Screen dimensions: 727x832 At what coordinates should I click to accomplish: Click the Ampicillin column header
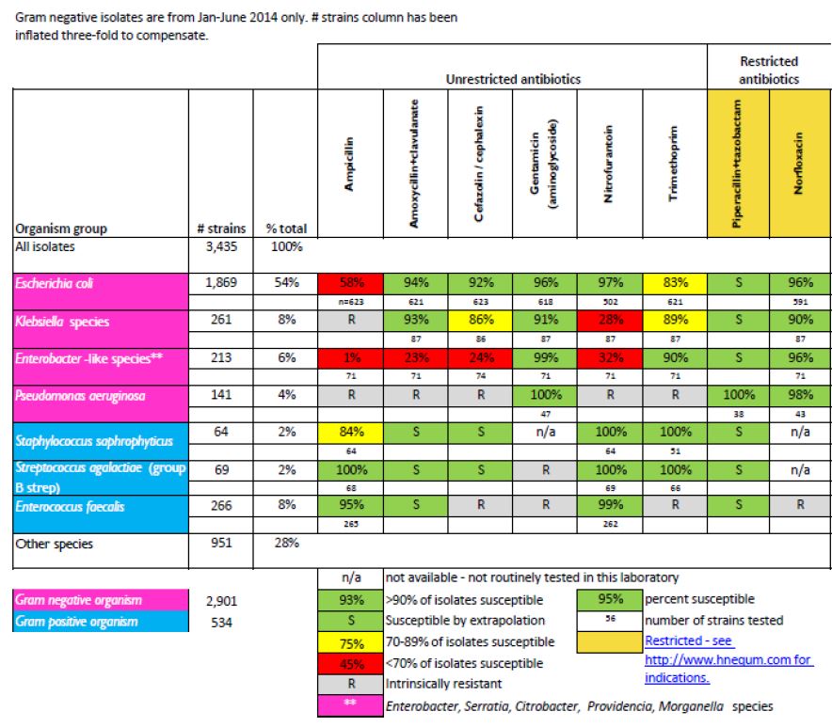[349, 171]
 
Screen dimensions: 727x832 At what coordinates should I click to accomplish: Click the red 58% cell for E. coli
[349, 282]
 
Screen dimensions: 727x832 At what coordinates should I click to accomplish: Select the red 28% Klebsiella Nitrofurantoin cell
[608, 321]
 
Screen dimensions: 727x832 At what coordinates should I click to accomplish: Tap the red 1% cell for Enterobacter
[349, 358]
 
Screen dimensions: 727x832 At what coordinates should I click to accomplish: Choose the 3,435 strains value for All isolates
[226, 246]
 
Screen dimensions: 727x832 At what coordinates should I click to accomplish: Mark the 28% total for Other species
[286, 543]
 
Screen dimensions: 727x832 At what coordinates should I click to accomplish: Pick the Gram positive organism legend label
[75, 622]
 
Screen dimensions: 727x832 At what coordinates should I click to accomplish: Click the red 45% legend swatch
[349, 663]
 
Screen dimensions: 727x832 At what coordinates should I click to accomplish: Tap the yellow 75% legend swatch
[349, 642]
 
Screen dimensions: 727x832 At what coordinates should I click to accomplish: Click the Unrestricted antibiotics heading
[513, 79]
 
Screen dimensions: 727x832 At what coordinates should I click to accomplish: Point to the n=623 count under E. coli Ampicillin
[349, 302]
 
